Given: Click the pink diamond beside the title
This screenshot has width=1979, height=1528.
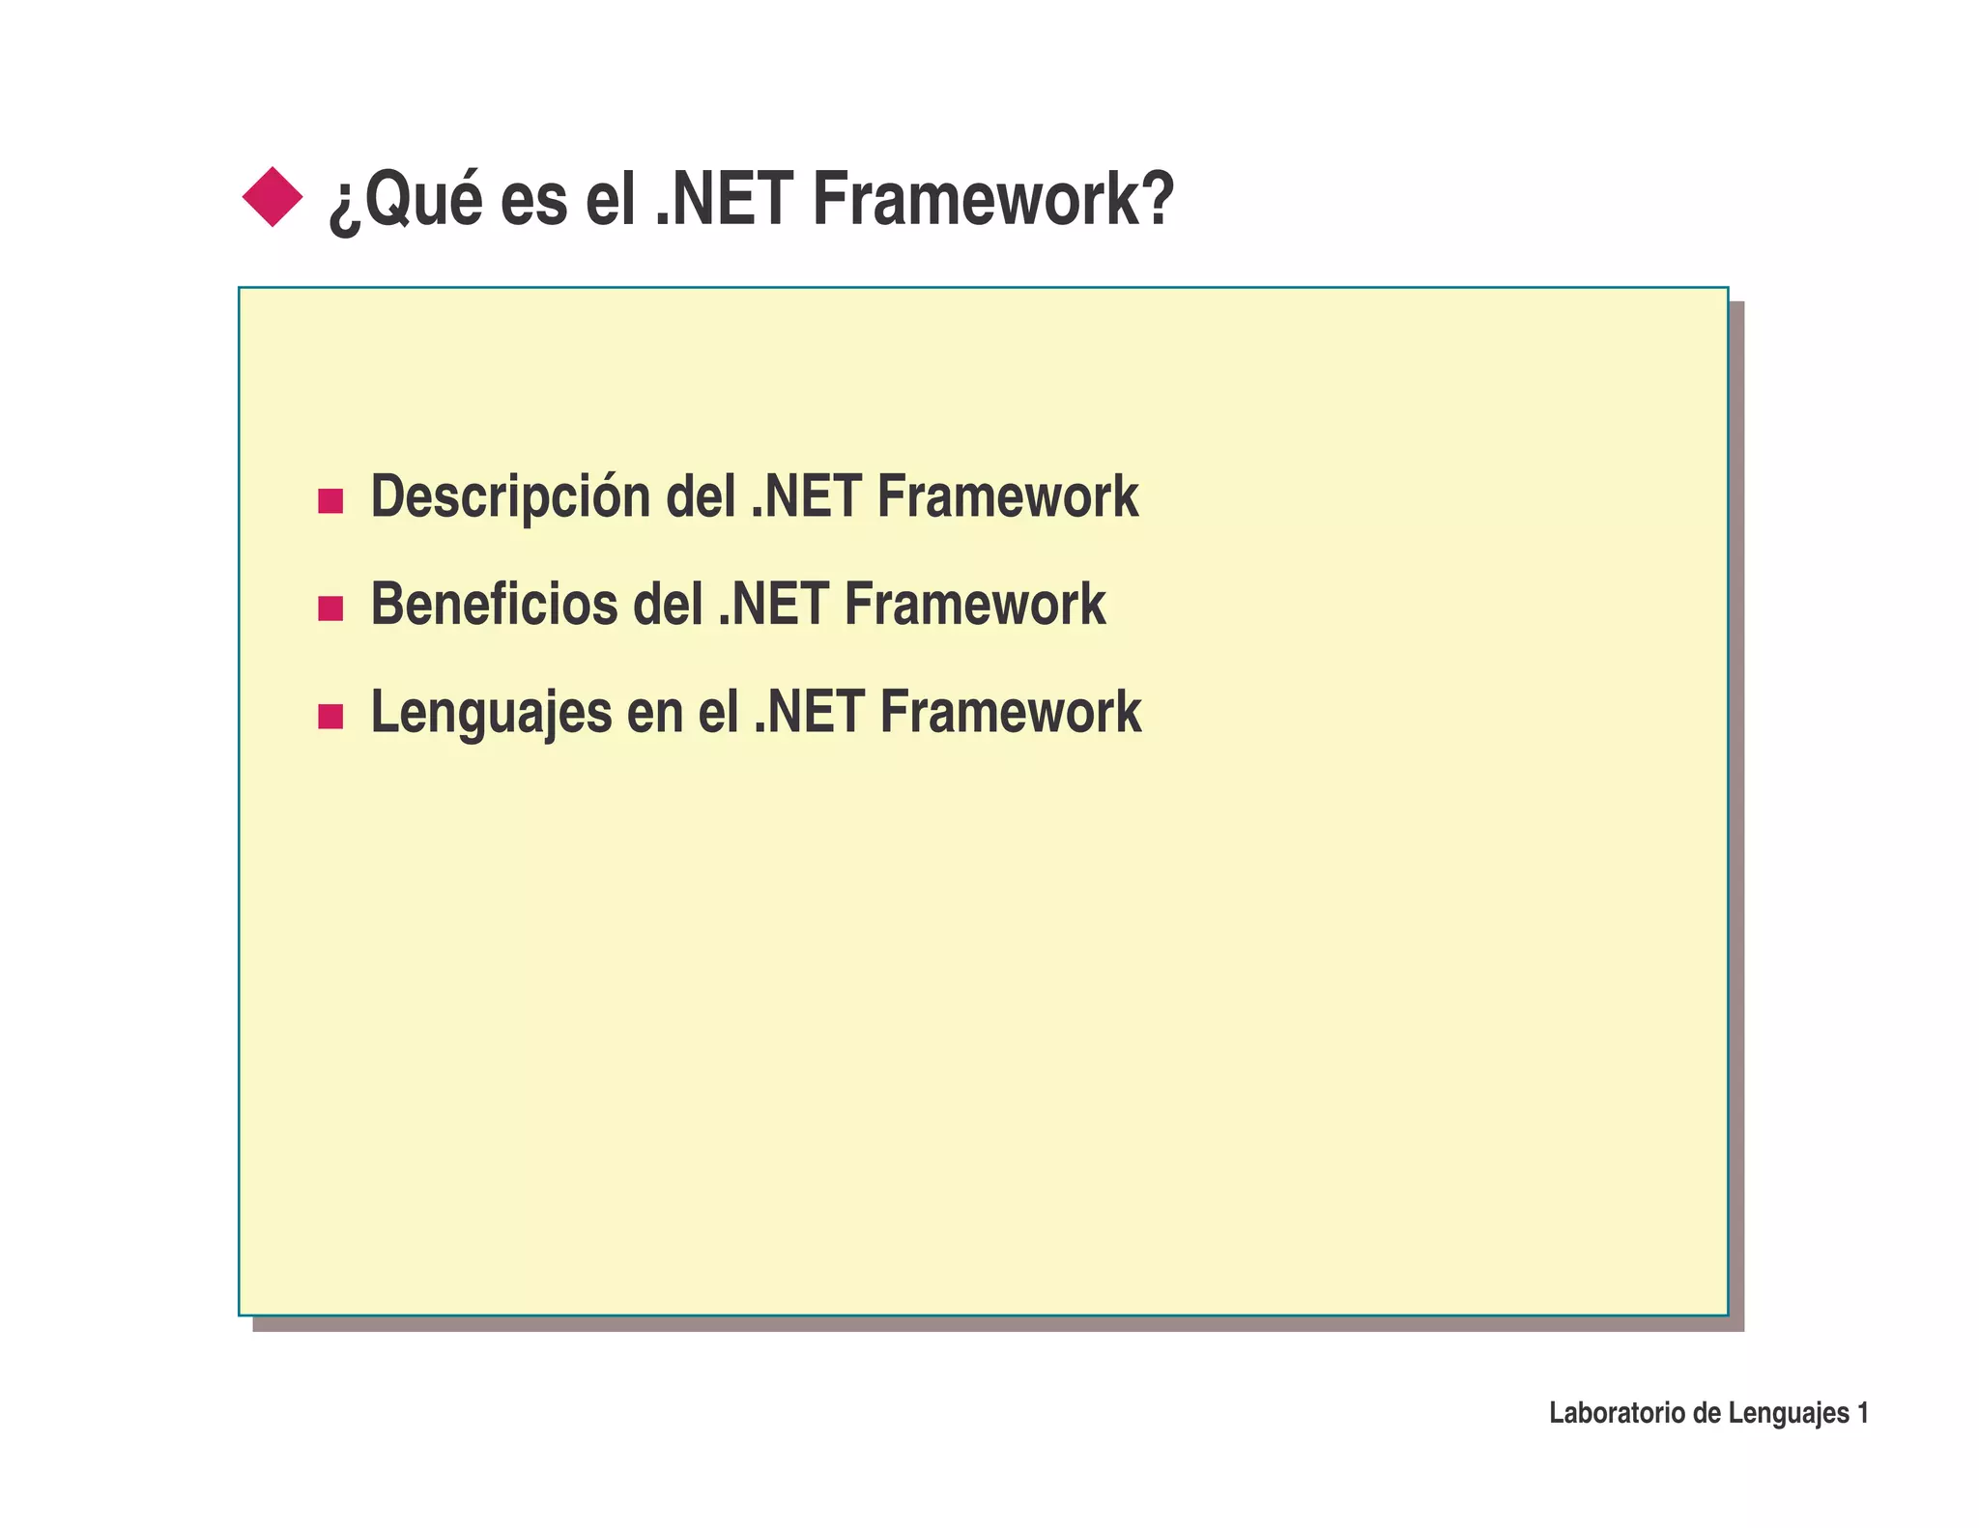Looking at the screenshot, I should (272, 197).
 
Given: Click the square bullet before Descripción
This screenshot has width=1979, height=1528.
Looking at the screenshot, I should (330, 501).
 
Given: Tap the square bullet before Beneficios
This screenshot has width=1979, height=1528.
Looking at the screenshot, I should (330, 608).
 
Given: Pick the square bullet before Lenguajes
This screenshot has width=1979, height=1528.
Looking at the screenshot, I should (330, 717).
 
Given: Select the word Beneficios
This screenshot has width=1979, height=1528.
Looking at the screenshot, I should (494, 606).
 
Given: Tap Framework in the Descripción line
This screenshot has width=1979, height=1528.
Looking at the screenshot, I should (1007, 497).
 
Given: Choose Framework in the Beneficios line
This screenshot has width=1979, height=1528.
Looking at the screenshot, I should (974, 606).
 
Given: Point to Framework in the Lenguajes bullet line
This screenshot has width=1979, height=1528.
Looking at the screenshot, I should (1010, 713).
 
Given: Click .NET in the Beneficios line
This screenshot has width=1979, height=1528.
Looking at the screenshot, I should (773, 606).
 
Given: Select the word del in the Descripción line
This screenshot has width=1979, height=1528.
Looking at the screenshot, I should (700, 497).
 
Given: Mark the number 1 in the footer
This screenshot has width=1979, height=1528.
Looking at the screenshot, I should (1862, 1413).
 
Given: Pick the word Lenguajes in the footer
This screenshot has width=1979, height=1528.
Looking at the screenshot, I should (1788, 1414).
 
